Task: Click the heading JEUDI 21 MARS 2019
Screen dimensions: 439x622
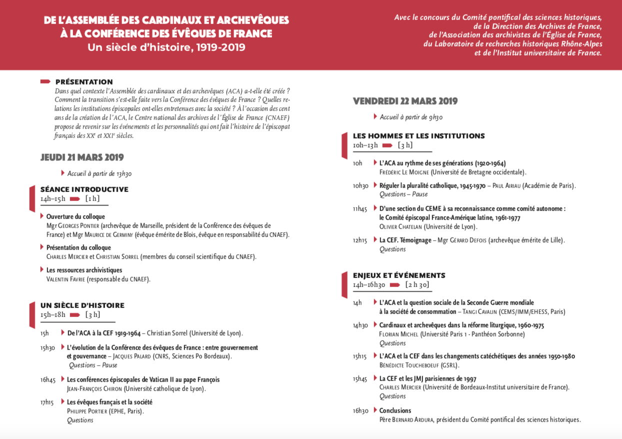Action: point(82,157)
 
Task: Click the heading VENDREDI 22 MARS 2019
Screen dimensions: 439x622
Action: point(405,101)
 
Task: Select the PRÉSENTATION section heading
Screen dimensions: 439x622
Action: point(84,82)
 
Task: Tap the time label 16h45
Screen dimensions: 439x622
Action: point(48,379)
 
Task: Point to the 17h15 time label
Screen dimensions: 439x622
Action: point(48,402)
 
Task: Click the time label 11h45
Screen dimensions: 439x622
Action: point(360,208)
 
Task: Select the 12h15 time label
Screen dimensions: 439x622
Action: point(360,240)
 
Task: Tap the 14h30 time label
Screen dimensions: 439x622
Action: point(360,325)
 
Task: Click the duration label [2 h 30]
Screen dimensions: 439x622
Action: point(417,285)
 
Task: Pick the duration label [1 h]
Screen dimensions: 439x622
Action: point(92,198)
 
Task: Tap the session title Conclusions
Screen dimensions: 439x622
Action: point(395,410)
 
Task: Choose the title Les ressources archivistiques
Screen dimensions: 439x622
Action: point(84,270)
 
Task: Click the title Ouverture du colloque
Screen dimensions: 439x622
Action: point(75,216)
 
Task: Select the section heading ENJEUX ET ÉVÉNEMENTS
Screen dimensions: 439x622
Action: point(399,275)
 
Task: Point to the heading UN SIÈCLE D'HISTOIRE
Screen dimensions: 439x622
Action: point(82,305)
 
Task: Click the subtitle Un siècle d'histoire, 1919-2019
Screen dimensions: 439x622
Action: point(166,48)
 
